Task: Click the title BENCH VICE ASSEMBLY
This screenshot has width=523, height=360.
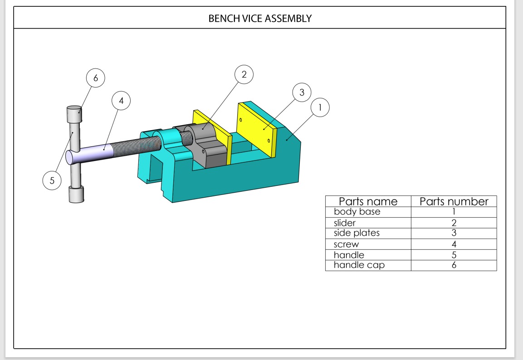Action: pyautogui.click(x=260, y=19)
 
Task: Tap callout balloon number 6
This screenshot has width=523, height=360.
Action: pyautogui.click(x=95, y=78)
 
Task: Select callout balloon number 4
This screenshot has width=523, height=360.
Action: pyautogui.click(x=121, y=101)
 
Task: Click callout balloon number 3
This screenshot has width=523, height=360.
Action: pyautogui.click(x=302, y=92)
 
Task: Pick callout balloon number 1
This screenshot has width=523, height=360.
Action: pyautogui.click(x=320, y=107)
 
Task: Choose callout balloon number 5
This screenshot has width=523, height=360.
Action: pyautogui.click(x=52, y=181)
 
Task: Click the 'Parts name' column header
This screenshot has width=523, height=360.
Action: pyautogui.click(x=368, y=201)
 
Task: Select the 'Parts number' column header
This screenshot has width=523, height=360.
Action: pyautogui.click(x=454, y=201)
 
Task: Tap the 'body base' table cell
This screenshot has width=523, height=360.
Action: pyautogui.click(x=357, y=212)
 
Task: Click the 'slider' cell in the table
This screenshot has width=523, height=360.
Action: pyautogui.click(x=345, y=223)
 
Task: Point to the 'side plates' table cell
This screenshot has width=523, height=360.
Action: pyautogui.click(x=357, y=233)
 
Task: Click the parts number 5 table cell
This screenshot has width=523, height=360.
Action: pyautogui.click(x=454, y=255)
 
